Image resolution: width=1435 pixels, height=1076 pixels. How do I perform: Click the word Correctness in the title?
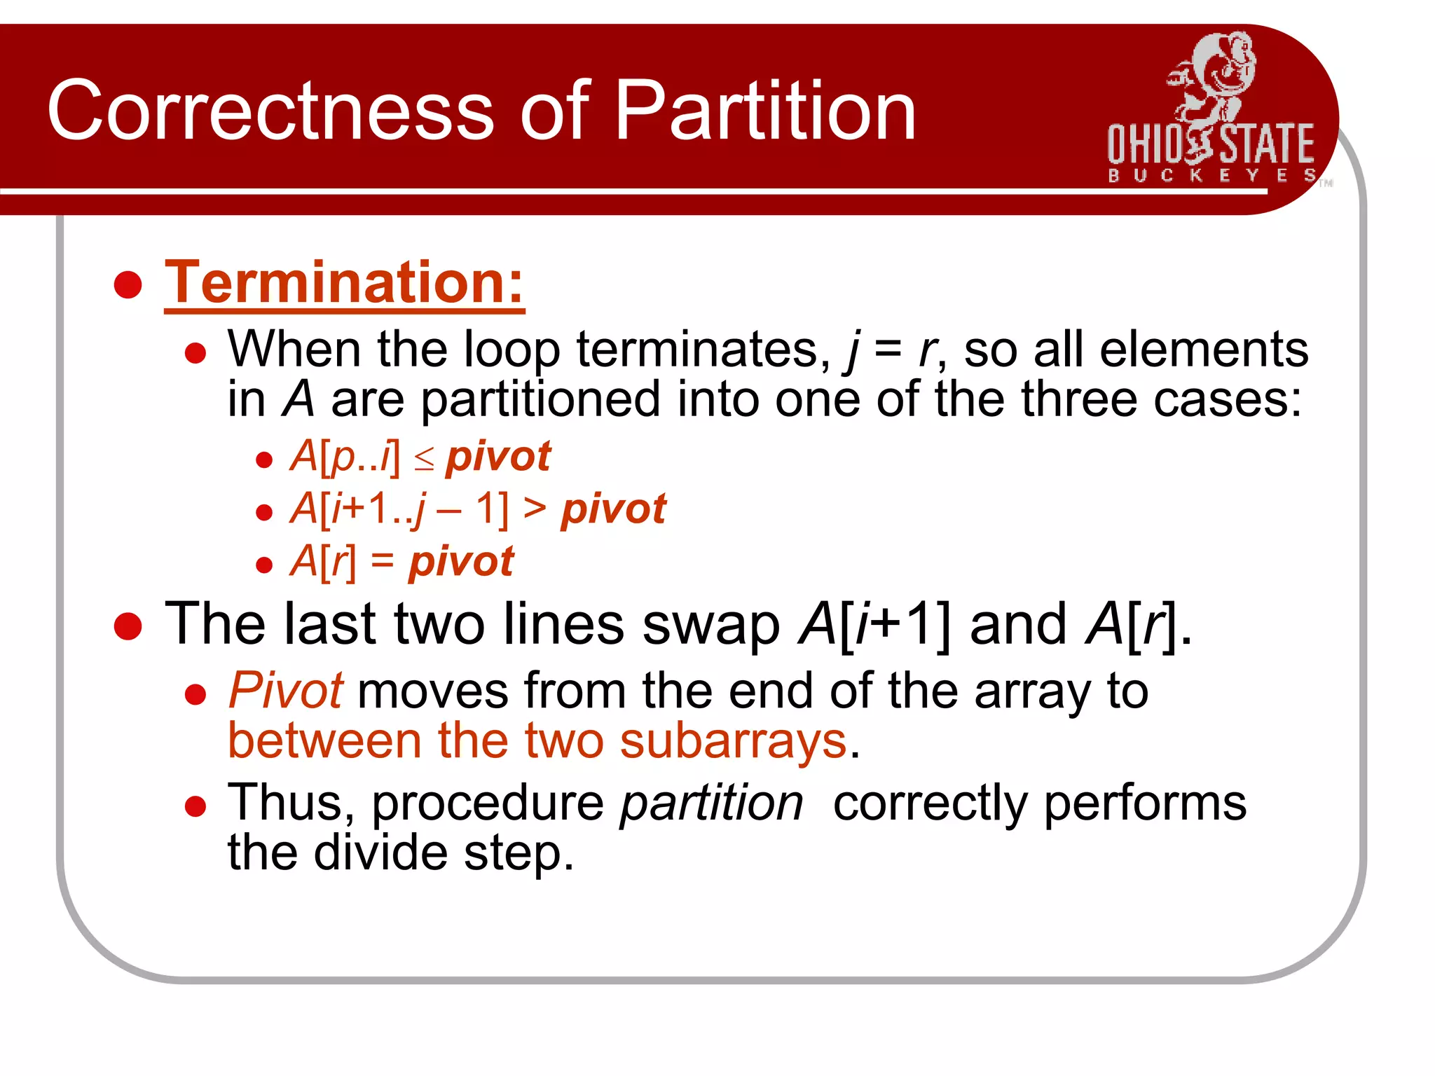[x=270, y=111]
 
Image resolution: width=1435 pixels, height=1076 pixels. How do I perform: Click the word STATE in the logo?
[x=1267, y=144]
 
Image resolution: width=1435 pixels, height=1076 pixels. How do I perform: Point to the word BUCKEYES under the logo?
[x=1211, y=175]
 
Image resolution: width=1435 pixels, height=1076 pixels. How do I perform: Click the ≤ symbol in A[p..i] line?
[x=424, y=460]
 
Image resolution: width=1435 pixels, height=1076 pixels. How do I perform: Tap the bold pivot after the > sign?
[x=613, y=509]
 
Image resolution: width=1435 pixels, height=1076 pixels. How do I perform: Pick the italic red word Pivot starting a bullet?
[x=286, y=691]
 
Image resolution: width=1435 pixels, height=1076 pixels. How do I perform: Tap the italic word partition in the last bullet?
[x=711, y=803]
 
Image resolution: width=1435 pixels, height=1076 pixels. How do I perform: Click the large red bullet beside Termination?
[x=128, y=284]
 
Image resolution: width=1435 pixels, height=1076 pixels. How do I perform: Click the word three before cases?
[x=1077, y=399]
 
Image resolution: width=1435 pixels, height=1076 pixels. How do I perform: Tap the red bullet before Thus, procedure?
[x=195, y=806]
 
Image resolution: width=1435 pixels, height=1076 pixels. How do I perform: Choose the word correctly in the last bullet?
[x=930, y=803]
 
